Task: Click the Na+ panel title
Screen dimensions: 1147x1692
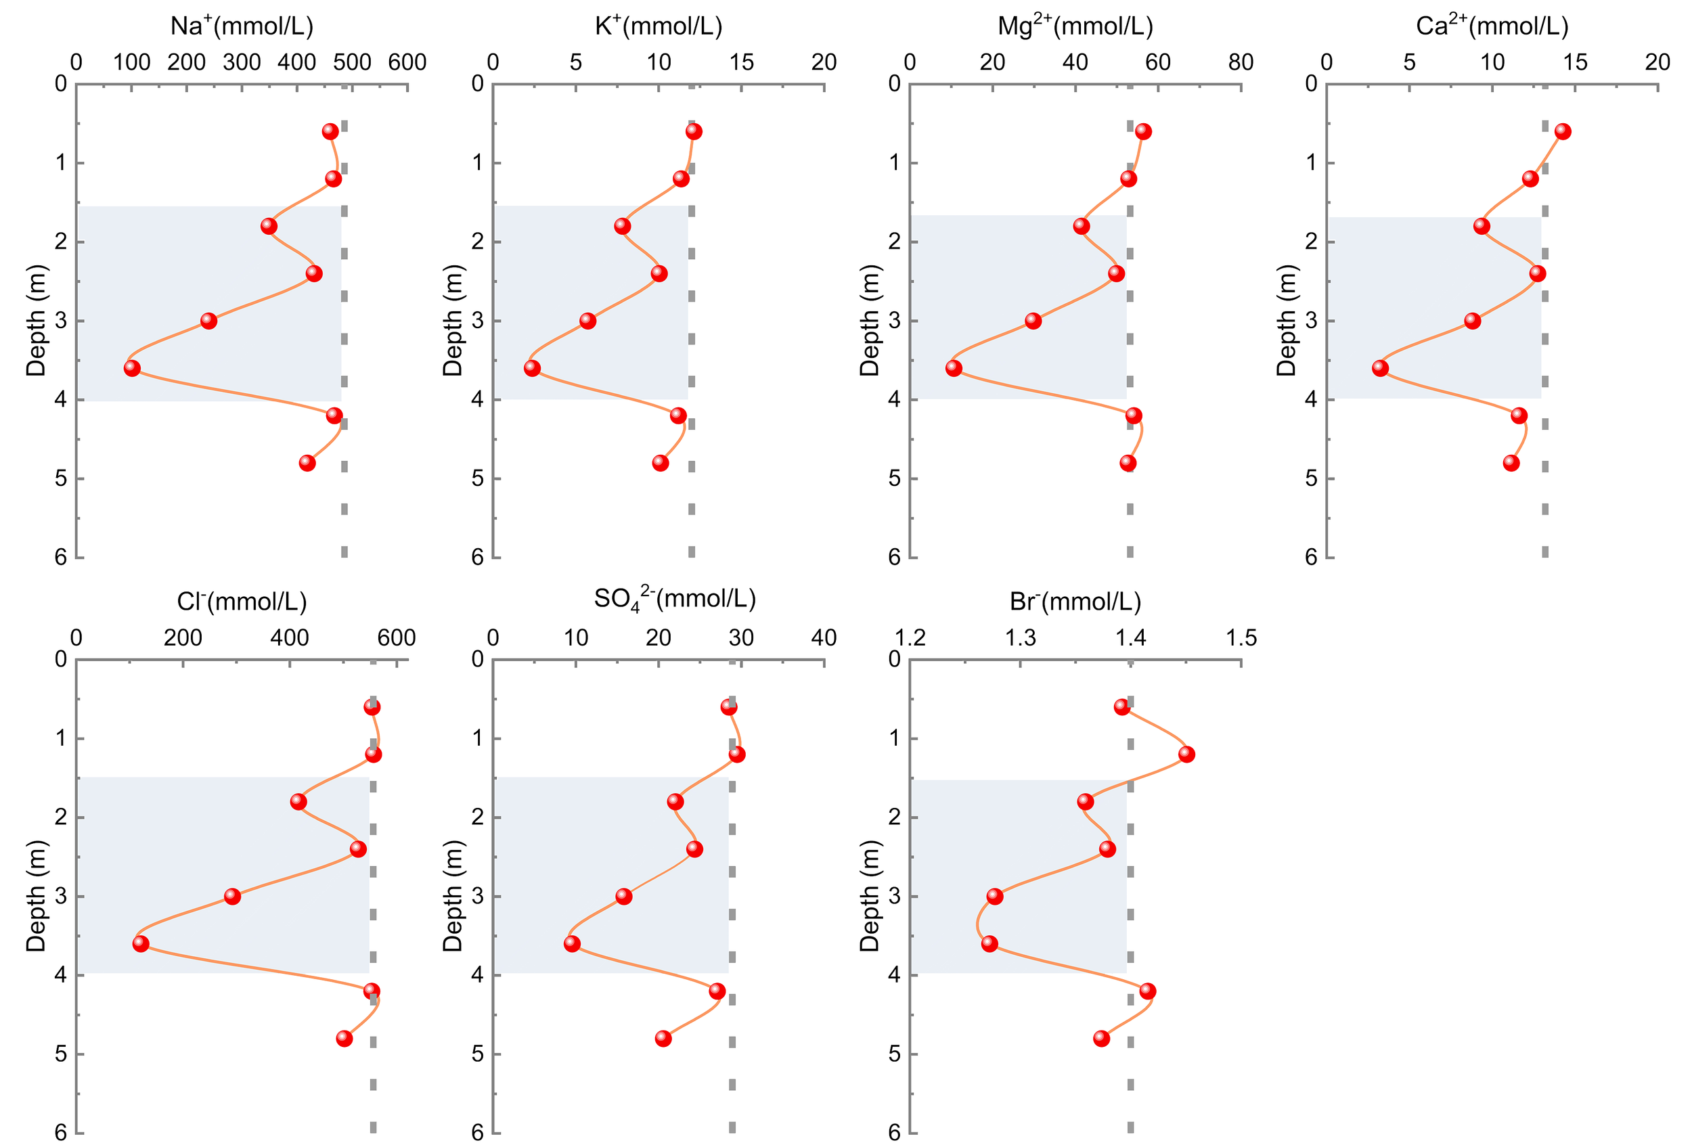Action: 242,26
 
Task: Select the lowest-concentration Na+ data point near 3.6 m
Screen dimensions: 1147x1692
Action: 132,368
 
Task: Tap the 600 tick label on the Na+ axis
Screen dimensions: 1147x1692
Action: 407,62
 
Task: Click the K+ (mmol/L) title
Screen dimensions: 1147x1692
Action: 658,26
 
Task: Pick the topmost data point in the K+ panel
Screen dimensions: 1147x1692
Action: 693,132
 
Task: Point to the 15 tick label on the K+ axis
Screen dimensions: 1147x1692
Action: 741,62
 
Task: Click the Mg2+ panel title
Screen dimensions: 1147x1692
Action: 1075,26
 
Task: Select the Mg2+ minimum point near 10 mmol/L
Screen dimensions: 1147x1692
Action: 954,368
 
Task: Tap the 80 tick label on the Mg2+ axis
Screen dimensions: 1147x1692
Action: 1241,62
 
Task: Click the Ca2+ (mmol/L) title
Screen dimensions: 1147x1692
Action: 1492,26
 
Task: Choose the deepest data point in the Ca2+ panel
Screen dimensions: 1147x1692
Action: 1511,463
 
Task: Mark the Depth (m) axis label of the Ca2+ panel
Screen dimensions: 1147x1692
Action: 1287,320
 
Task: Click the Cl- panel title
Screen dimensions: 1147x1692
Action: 242,602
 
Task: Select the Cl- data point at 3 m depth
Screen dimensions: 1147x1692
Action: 232,896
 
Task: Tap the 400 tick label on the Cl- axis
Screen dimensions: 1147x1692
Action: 289,638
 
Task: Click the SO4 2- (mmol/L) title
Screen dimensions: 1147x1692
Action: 675,600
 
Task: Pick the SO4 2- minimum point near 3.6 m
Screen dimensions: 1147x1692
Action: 573,944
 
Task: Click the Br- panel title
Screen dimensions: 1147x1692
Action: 1075,602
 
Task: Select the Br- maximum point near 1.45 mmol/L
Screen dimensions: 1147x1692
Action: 1186,754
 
